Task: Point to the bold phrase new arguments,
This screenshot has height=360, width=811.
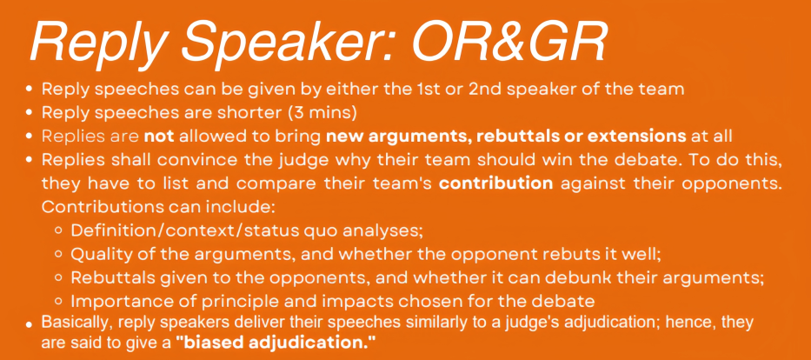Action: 400,137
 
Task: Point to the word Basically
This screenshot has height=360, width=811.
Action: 77,323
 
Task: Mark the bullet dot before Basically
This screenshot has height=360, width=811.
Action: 30,325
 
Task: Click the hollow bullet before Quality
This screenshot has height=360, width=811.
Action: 59,255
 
